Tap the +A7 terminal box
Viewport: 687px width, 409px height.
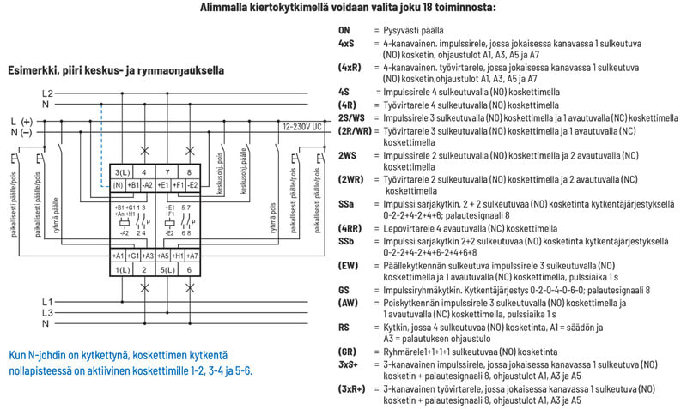[x=192, y=256]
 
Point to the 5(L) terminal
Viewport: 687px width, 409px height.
[x=168, y=270]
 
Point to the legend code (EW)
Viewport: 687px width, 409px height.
[x=349, y=266]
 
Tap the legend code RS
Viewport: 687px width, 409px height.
[x=344, y=327]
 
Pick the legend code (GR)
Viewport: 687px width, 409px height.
[x=349, y=352]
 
